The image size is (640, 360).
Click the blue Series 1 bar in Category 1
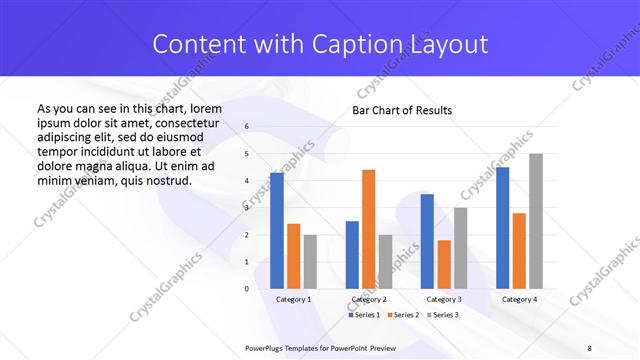(x=276, y=231)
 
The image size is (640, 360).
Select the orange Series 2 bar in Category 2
(x=368, y=229)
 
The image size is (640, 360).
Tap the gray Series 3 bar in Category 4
(x=535, y=221)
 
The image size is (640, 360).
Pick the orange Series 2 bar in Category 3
(x=444, y=264)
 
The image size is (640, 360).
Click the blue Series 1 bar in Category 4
(x=502, y=228)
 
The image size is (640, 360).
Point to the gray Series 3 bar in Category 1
(x=310, y=262)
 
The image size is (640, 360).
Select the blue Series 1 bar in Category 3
(x=427, y=241)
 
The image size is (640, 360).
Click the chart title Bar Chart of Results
(x=402, y=110)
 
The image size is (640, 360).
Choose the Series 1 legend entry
(x=363, y=315)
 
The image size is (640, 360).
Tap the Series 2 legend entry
(x=403, y=315)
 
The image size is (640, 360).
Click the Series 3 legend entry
(x=443, y=315)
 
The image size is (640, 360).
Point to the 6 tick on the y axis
(x=247, y=127)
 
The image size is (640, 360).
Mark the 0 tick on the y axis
(x=247, y=289)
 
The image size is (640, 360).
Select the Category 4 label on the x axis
(x=518, y=299)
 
